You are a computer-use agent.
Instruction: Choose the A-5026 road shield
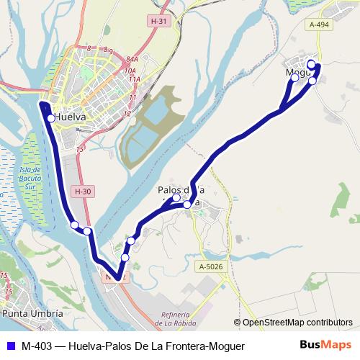tap(210, 267)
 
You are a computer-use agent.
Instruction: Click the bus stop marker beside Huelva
tap(50, 119)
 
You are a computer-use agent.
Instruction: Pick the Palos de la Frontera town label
tap(181, 191)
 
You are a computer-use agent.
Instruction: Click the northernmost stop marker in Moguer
tap(311, 64)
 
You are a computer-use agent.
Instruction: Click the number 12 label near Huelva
tap(127, 113)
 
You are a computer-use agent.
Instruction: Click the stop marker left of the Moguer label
tap(294, 78)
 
